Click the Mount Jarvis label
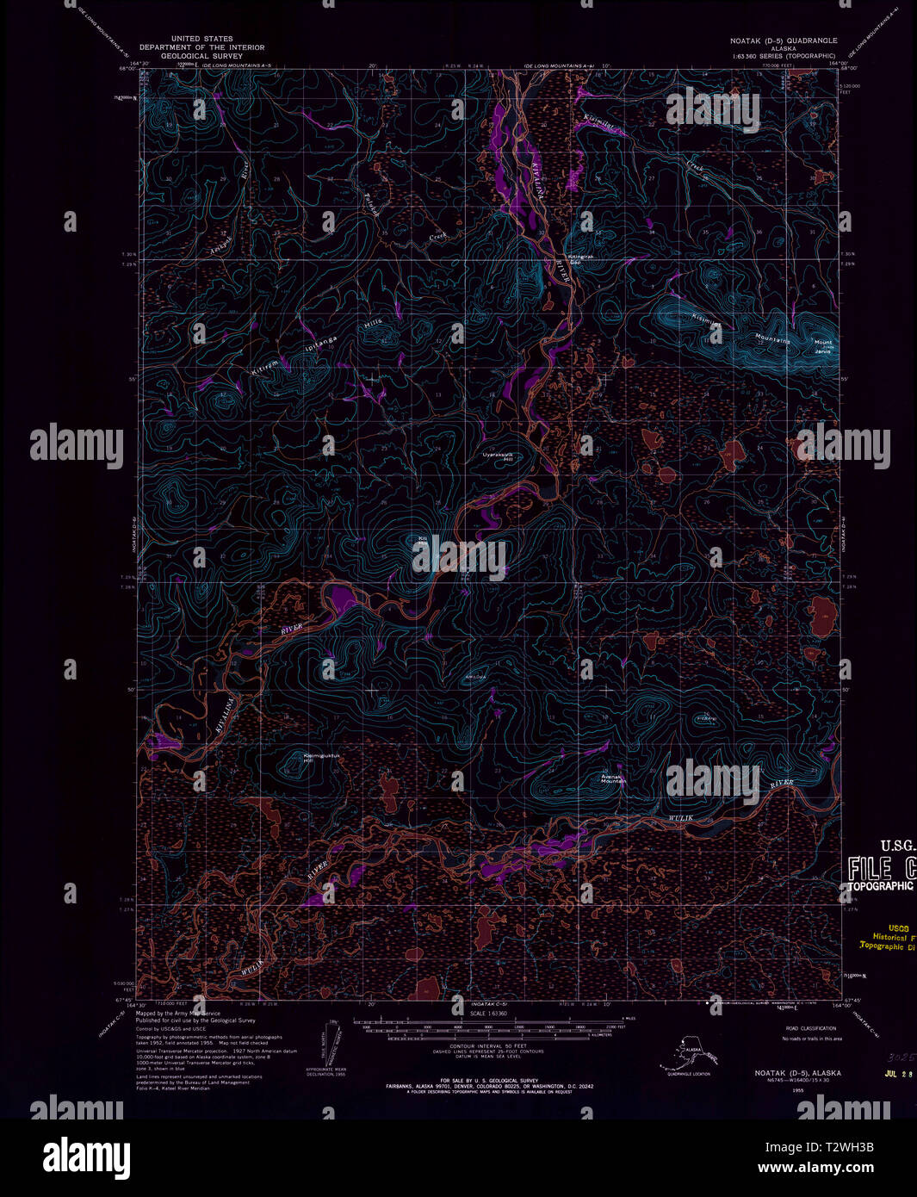[823, 345]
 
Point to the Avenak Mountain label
[613, 778]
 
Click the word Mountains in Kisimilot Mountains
[772, 338]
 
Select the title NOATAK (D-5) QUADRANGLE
[781, 40]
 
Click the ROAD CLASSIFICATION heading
[810, 1029]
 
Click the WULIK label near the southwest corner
[251, 969]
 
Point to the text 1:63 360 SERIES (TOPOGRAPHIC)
[784, 55]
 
